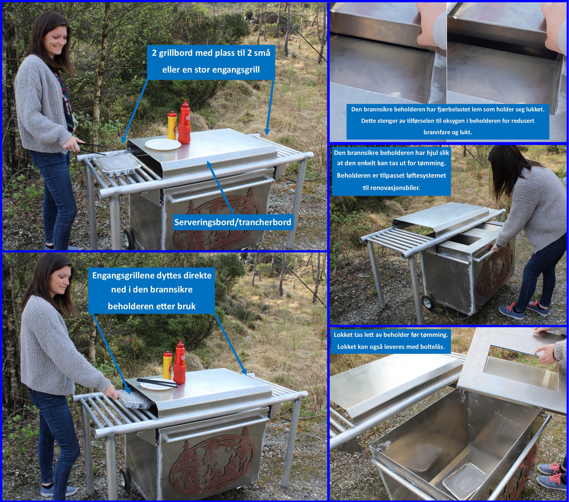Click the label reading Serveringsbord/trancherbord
233,222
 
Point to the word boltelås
432,347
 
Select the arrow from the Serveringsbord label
220,189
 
